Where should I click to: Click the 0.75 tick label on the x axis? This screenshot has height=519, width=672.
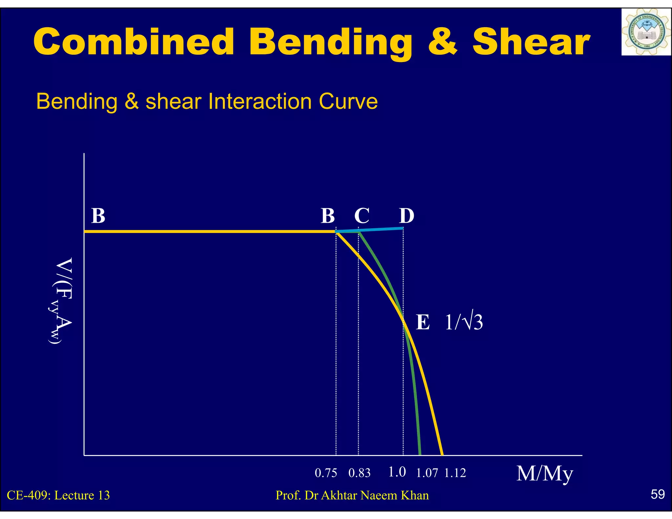click(x=326, y=473)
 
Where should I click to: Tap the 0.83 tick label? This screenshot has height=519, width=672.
click(x=359, y=473)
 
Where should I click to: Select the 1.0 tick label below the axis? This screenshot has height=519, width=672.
click(x=397, y=472)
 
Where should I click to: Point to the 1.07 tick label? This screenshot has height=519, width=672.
click(x=427, y=473)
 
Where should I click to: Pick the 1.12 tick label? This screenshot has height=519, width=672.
click(x=455, y=473)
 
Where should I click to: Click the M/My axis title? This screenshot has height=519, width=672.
click(x=545, y=474)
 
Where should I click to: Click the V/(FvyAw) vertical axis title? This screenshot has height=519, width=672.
click(x=61, y=301)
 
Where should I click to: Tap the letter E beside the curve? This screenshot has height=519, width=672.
click(x=423, y=322)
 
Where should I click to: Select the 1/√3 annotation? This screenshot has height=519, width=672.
click(x=464, y=322)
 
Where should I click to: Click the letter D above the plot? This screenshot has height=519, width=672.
click(x=407, y=216)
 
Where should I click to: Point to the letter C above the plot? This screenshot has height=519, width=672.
click(x=362, y=216)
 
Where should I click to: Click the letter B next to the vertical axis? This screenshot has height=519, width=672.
click(x=98, y=216)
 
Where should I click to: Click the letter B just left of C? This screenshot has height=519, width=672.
click(x=328, y=216)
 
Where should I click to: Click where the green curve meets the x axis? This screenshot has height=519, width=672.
click(x=420, y=454)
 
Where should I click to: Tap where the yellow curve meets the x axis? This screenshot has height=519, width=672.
click(x=442, y=454)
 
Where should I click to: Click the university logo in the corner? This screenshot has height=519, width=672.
click(x=646, y=32)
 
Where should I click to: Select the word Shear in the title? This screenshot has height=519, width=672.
click(x=531, y=42)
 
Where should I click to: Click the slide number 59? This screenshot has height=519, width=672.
click(x=658, y=494)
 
